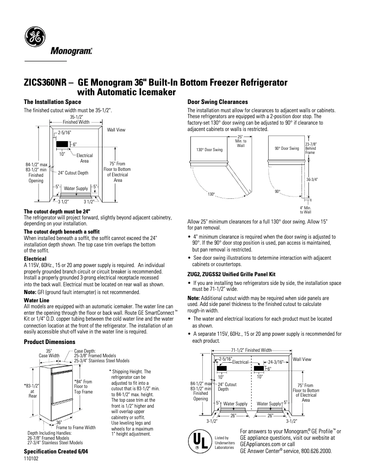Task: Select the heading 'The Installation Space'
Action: click(x=52, y=102)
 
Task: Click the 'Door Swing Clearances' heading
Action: click(x=218, y=102)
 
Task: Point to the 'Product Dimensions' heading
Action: click(x=49, y=342)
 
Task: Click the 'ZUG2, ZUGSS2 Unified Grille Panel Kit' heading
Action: click(x=232, y=274)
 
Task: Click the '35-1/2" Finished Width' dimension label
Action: click(x=76, y=120)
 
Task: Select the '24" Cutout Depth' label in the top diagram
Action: click(x=73, y=173)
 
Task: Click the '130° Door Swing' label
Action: click(x=209, y=150)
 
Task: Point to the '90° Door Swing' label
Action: click(x=286, y=148)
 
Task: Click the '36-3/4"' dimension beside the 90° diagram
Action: click(x=312, y=180)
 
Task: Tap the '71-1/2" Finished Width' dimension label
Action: click(x=251, y=350)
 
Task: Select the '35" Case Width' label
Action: click(x=49, y=353)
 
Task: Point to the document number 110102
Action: click(x=31, y=459)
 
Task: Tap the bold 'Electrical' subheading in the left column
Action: click(x=35, y=259)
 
